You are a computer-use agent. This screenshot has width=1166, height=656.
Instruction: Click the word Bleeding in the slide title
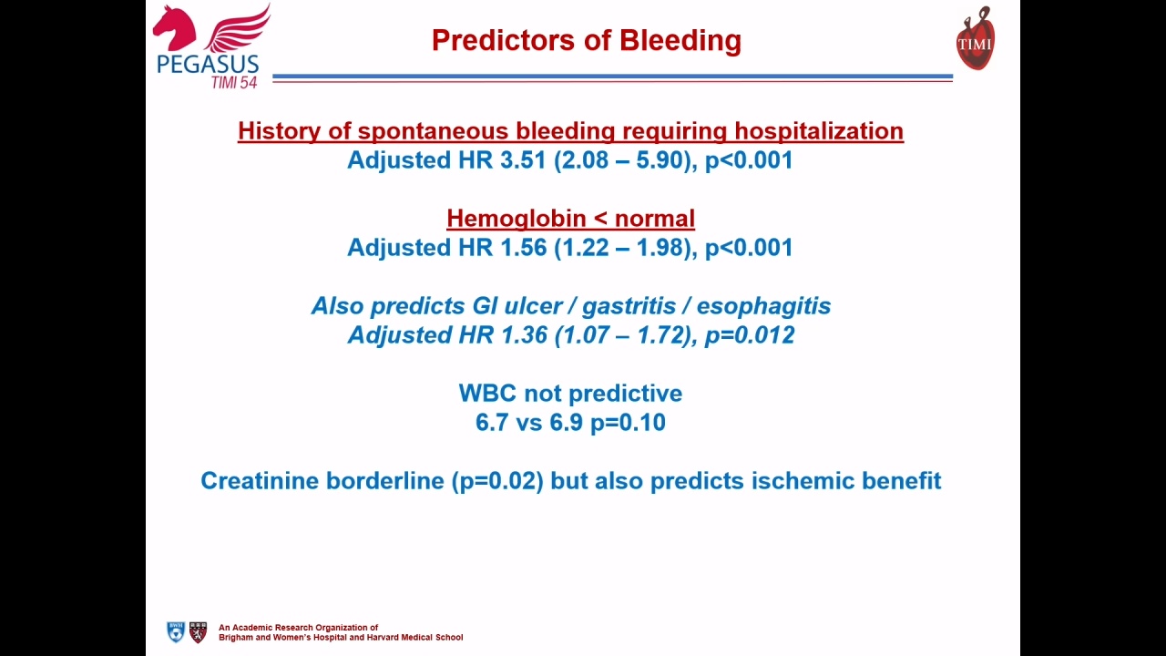click(x=680, y=41)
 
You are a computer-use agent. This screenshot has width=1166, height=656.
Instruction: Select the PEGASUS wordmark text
click(x=208, y=65)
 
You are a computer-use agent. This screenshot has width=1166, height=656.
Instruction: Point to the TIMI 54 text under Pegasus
click(x=234, y=83)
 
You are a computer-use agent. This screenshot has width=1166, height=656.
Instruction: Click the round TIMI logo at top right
click(x=976, y=38)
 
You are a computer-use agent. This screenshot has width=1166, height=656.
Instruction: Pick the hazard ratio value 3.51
click(x=523, y=159)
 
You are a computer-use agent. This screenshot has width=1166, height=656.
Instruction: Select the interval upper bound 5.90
click(x=660, y=159)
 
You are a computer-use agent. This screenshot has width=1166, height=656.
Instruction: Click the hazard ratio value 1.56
click(x=523, y=247)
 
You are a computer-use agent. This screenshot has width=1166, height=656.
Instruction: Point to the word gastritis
click(x=629, y=306)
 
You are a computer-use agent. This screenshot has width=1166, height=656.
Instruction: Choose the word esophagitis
click(x=763, y=306)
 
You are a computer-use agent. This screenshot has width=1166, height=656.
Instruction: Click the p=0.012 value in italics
click(x=750, y=335)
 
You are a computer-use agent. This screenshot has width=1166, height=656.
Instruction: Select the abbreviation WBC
click(x=487, y=393)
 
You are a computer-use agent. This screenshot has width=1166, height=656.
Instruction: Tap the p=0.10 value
click(x=628, y=423)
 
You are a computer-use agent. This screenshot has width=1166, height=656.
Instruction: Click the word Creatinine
click(x=260, y=480)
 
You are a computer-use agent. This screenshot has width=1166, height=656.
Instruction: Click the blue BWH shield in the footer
click(x=176, y=632)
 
